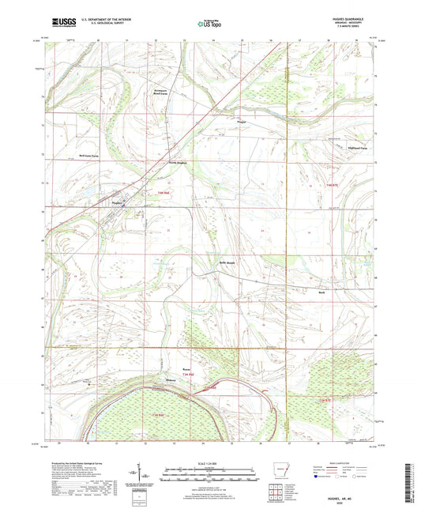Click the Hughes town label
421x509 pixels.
point(115,203)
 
